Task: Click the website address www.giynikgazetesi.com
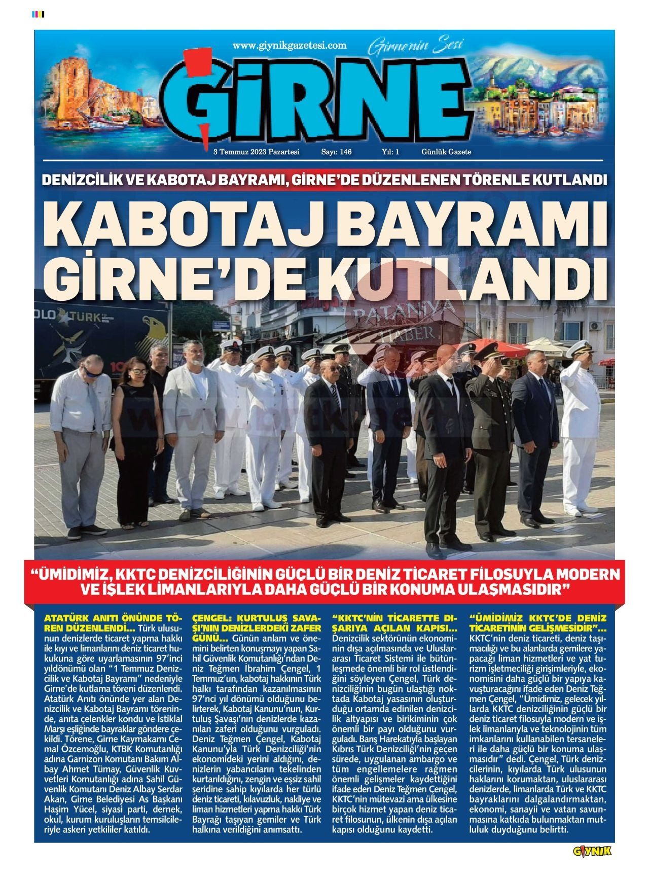(290, 46)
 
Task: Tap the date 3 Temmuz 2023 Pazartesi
(257, 152)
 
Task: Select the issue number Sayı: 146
(336, 152)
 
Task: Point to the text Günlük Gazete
(446, 152)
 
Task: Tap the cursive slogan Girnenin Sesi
(416, 47)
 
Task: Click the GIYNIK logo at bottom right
(592, 851)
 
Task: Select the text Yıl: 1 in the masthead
(390, 152)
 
